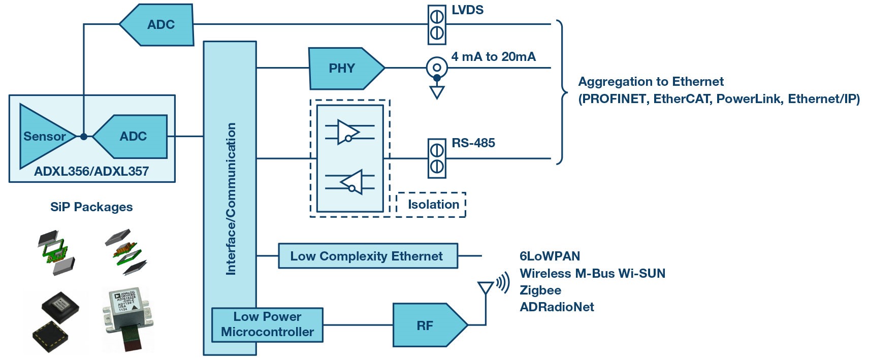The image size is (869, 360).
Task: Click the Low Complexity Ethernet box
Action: click(x=367, y=256)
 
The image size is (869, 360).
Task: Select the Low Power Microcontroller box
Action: click(x=267, y=324)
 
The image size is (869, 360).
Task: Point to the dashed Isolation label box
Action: click(x=431, y=205)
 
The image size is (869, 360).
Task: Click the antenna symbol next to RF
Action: click(x=486, y=288)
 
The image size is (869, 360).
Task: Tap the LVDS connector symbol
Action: click(x=437, y=25)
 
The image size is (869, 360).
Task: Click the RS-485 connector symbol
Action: click(x=437, y=158)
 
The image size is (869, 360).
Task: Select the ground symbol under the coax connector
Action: click(x=437, y=92)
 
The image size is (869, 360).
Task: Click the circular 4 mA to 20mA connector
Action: click(x=437, y=67)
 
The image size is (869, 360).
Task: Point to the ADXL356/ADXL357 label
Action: click(x=91, y=172)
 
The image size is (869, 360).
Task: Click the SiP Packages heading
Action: click(x=91, y=207)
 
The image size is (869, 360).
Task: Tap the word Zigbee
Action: click(x=540, y=290)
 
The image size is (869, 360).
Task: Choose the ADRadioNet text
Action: click(x=557, y=307)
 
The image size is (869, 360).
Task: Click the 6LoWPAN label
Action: click(x=550, y=256)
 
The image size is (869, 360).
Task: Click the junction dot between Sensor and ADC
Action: click(x=83, y=136)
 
